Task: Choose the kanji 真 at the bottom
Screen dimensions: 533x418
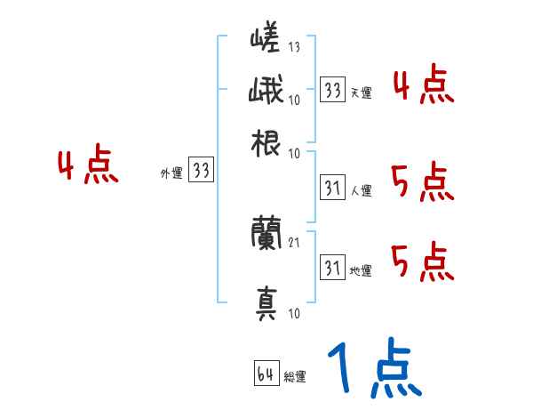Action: point(266,302)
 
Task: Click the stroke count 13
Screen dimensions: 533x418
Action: point(294,46)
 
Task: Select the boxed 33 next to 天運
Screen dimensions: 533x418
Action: point(332,90)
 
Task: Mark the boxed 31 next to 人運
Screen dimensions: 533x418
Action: point(332,189)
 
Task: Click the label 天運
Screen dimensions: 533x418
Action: point(361,92)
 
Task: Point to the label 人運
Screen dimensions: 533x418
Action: point(361,190)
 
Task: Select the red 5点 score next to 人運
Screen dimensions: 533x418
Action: point(422,182)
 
